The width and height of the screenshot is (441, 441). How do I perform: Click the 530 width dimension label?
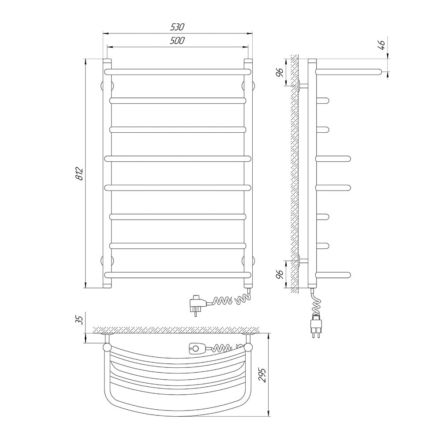click(x=177, y=27)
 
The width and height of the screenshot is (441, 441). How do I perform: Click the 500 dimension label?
click(x=177, y=41)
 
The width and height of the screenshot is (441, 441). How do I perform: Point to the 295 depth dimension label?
click(x=262, y=374)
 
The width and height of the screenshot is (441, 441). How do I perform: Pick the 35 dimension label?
click(x=80, y=320)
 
